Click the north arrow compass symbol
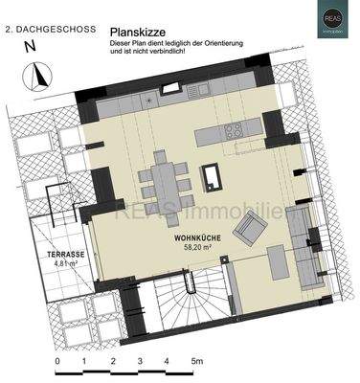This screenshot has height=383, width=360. click(39, 75)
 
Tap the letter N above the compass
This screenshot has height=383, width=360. click(31, 45)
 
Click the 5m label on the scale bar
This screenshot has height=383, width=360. click(198, 360)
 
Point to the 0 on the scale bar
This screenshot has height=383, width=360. click(57, 360)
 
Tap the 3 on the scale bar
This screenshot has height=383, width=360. click(140, 360)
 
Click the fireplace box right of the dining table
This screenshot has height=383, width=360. click(211, 175)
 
